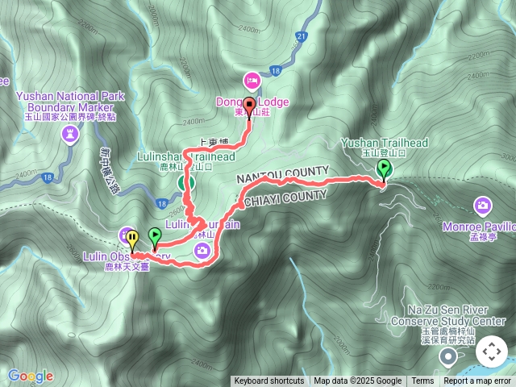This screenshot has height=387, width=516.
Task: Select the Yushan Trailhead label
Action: pyautogui.click(x=384, y=144)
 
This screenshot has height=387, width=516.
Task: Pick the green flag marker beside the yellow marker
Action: pyautogui.click(x=154, y=237)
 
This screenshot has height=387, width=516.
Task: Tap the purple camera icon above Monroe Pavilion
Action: pyautogui.click(x=482, y=206)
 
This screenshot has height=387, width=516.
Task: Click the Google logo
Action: pyautogui.click(x=31, y=376)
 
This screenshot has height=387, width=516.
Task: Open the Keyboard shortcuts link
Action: pyautogui.click(x=269, y=381)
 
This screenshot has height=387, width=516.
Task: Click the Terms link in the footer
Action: pyautogui.click(x=422, y=381)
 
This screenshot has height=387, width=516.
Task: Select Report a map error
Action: pyautogui.click(x=478, y=381)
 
